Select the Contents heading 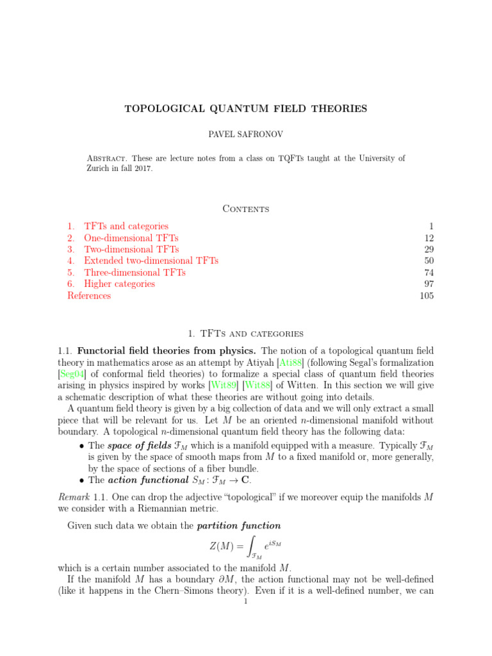pyautogui.click(x=245, y=208)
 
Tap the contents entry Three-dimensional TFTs pyautogui.click(x=135, y=272)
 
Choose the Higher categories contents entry pyautogui.click(x=119, y=284)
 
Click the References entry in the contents pyautogui.click(x=89, y=295)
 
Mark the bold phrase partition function pyautogui.click(x=240, y=526)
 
